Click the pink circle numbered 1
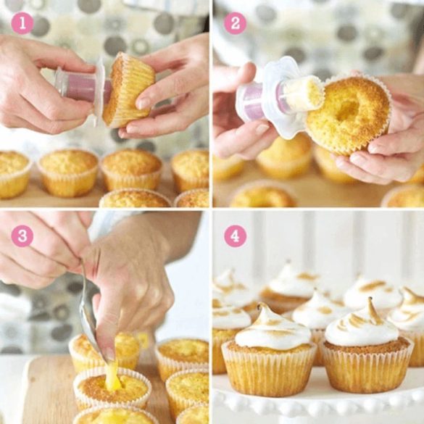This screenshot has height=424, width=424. coord(22,23)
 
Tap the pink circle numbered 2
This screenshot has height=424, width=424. coord(235,23)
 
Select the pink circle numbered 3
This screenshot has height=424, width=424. coord(22,236)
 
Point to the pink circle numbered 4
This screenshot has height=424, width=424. coord(235,236)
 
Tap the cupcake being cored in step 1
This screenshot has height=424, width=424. coord(128,90)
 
